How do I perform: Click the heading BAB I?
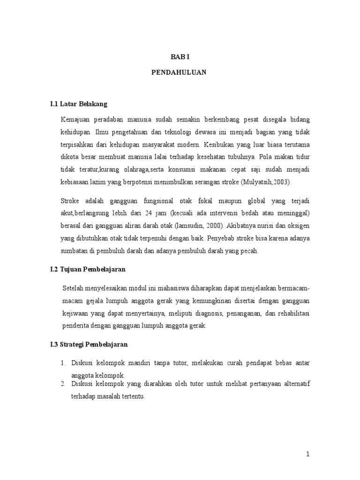[180, 57]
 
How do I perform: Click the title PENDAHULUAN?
[180, 73]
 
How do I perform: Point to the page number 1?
[307, 454]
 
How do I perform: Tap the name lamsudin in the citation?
[187, 225]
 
